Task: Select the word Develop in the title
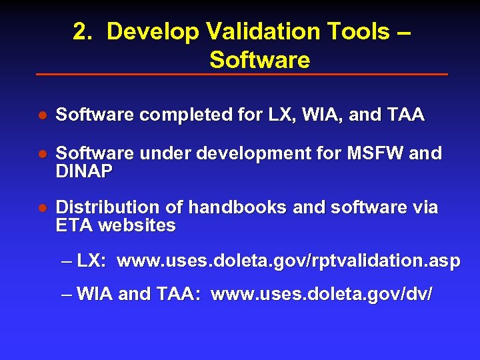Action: click(x=153, y=31)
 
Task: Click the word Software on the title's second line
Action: click(x=259, y=60)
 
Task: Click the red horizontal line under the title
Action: click(x=241, y=74)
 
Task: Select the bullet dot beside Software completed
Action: click(x=41, y=115)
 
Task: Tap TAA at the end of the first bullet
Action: click(x=405, y=115)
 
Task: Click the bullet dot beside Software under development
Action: click(x=41, y=154)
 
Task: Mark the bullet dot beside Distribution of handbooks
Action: click(x=41, y=208)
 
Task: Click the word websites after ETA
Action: click(x=137, y=225)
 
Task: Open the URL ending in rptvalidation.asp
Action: click(x=288, y=261)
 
